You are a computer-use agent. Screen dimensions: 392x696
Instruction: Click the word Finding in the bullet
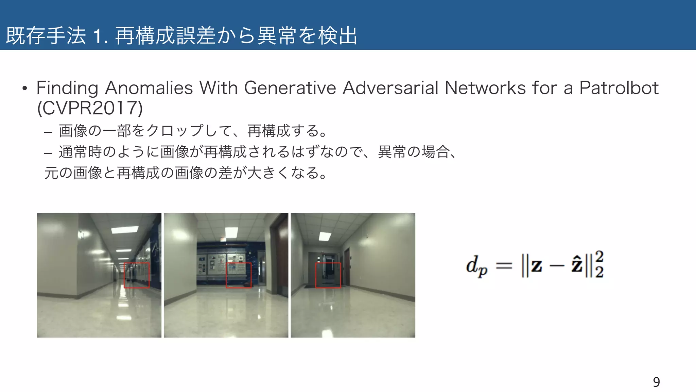[67, 88]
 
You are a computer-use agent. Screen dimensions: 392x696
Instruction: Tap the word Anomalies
[149, 88]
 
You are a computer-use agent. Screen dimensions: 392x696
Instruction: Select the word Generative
[290, 88]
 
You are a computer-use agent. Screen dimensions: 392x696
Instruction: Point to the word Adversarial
[390, 88]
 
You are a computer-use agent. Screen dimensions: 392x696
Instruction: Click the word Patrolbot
[619, 88]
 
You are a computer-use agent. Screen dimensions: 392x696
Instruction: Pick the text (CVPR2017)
[90, 108]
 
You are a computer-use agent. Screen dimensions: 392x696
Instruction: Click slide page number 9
[656, 382]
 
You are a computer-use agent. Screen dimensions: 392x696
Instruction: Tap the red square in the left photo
[136, 275]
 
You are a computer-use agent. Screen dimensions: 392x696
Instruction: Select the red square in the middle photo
[239, 275]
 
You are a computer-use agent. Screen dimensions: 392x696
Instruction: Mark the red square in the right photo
[328, 275]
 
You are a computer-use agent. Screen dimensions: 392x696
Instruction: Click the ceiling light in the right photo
[325, 236]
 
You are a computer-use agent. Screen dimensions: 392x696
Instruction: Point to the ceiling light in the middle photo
[231, 233]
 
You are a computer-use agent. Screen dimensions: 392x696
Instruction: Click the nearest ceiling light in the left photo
[125, 230]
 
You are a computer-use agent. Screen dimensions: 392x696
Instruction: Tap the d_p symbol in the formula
[476, 266]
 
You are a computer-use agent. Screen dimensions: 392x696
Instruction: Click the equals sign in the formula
[504, 265]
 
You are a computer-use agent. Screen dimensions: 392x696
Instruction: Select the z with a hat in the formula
[577, 265]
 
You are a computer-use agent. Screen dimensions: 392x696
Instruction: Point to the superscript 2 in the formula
[599, 256]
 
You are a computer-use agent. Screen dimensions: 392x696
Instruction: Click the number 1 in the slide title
[97, 36]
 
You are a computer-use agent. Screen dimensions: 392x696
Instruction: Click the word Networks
[485, 88]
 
